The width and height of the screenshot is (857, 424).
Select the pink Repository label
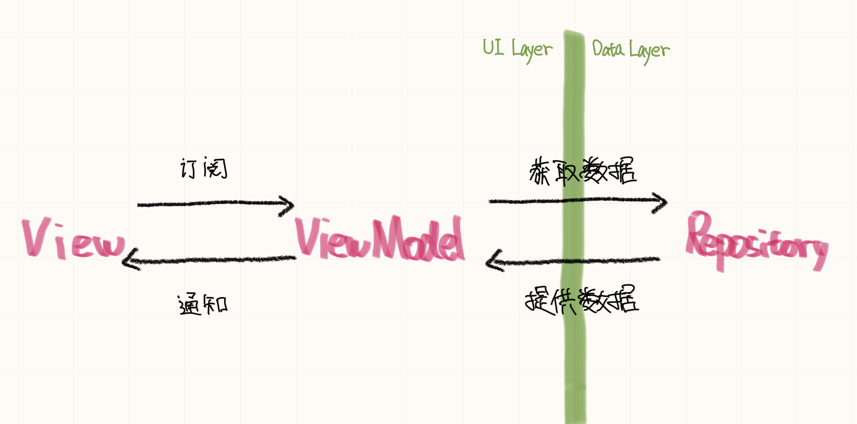click(756, 242)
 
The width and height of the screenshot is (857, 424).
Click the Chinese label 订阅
click(204, 168)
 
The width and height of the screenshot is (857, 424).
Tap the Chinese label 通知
click(203, 304)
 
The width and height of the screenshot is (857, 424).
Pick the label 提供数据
click(582, 301)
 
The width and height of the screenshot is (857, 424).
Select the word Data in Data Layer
click(608, 49)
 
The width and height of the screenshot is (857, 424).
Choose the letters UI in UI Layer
click(493, 48)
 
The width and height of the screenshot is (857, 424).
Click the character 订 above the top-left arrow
click(188, 168)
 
